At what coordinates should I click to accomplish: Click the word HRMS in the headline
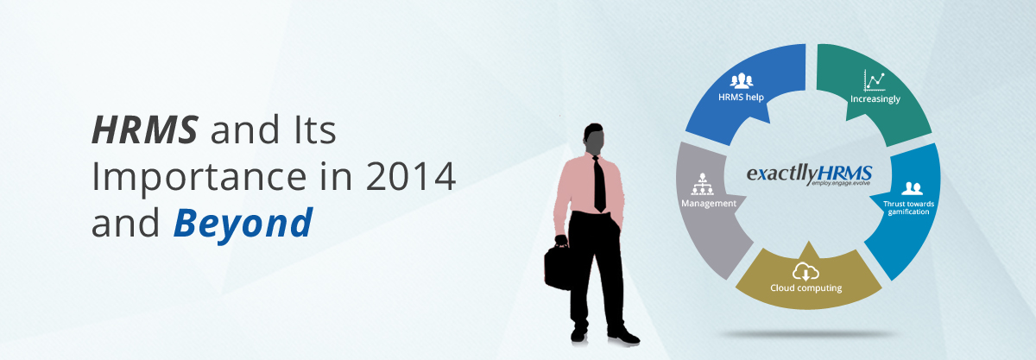[x=145, y=129]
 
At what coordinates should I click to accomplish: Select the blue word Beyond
[x=243, y=224]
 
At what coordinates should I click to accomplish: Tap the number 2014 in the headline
[x=411, y=176]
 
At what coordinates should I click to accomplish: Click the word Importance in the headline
[x=199, y=178]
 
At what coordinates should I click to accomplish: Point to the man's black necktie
[x=599, y=184]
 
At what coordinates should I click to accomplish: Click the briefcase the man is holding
[x=559, y=265]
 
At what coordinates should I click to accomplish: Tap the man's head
[x=594, y=139]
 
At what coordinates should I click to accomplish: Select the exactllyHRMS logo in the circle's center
[x=810, y=175]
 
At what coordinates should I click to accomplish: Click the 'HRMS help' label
[x=741, y=98]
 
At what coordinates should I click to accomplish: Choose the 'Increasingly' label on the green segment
[x=875, y=99]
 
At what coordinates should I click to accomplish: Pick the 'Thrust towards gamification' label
[x=908, y=208]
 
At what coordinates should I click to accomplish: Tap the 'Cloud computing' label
[x=805, y=287]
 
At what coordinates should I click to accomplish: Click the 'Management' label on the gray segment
[x=709, y=204]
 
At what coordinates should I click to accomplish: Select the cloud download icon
[x=805, y=272]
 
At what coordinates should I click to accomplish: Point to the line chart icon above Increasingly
[x=874, y=81]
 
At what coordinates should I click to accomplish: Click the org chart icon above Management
[x=702, y=184]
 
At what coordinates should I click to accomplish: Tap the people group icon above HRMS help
[x=741, y=80]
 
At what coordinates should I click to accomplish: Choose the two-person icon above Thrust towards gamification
[x=912, y=188]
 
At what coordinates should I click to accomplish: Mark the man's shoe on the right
[x=623, y=336]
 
